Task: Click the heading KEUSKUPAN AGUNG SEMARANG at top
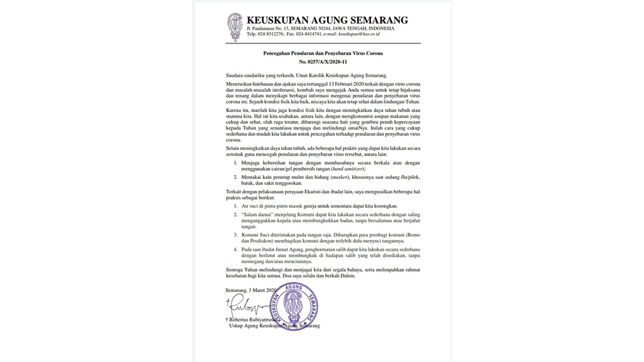coord(327,20)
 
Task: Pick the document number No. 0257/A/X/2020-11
coord(323,63)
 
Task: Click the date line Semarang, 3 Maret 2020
coord(251,290)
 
